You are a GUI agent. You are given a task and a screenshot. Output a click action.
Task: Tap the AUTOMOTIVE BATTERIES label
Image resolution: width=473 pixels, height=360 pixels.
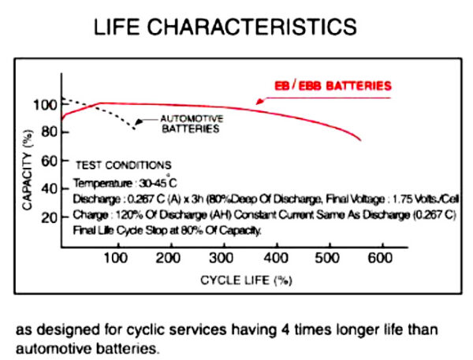(x=192, y=124)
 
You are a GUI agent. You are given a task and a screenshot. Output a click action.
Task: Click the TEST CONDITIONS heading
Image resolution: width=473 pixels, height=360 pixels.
(x=122, y=165)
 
